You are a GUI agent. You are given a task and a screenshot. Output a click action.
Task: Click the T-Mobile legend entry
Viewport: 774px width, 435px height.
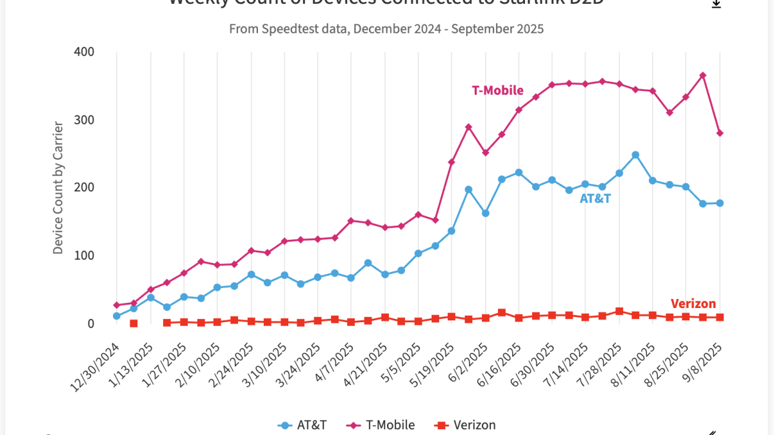[381, 425]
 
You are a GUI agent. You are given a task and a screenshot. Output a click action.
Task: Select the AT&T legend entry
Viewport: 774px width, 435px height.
[303, 425]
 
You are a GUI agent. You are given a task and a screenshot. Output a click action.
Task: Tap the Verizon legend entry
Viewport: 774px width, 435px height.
[466, 425]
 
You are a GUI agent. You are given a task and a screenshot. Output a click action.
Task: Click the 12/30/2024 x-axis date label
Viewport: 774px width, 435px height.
[97, 366]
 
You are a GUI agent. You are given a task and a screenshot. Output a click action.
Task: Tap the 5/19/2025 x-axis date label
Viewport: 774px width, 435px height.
[432, 366]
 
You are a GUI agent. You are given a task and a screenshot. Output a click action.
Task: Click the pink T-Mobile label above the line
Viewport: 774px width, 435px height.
[497, 91]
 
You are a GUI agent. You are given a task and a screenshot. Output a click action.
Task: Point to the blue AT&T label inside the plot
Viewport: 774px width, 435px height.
[595, 199]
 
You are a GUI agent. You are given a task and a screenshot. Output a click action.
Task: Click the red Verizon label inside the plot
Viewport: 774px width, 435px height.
[693, 304]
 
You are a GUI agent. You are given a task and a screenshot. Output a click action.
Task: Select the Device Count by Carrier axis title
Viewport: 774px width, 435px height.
[58, 187]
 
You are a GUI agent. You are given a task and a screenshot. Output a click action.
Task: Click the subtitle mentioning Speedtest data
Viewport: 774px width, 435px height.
[386, 29]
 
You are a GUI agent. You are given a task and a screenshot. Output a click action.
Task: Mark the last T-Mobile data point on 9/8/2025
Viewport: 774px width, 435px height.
[720, 133]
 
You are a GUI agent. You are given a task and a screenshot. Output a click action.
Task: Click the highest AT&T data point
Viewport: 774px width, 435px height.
[635, 155]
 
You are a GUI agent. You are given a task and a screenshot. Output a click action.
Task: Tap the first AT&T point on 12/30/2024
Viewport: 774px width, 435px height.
[117, 316]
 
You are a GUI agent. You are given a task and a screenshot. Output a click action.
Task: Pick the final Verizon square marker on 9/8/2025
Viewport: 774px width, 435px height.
[720, 317]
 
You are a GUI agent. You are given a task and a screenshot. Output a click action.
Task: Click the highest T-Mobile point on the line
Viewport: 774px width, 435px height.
[702, 75]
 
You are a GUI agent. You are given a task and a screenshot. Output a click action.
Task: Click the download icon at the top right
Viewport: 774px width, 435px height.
[716, 4]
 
